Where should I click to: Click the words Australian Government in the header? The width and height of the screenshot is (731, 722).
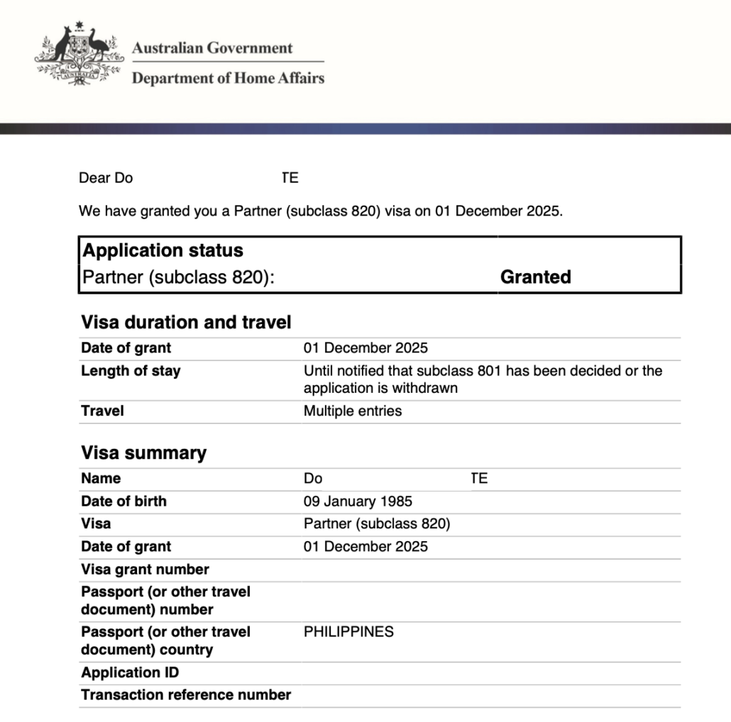click(x=211, y=48)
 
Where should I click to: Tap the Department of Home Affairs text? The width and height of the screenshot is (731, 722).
click(x=227, y=78)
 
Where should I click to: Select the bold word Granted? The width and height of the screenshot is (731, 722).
click(x=535, y=277)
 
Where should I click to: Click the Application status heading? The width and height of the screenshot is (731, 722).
click(x=163, y=250)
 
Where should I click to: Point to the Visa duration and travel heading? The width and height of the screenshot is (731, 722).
click(x=186, y=322)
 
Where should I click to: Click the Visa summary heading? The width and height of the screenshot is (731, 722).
click(x=143, y=452)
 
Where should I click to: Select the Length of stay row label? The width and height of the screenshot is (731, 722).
click(x=131, y=371)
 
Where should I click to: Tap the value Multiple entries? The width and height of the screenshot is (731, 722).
click(x=352, y=411)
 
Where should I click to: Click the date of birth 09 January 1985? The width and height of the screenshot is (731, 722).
click(x=358, y=501)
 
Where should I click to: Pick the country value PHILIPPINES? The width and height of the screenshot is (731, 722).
click(x=348, y=632)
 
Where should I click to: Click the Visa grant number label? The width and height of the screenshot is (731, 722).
click(x=145, y=570)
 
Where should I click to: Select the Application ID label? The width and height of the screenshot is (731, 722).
click(x=130, y=672)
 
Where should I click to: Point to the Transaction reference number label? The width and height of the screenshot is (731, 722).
click(x=186, y=695)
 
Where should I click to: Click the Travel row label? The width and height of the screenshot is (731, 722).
click(x=102, y=411)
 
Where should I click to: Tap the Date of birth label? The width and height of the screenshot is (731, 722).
click(x=123, y=501)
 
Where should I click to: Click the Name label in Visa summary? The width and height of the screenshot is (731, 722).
click(x=101, y=479)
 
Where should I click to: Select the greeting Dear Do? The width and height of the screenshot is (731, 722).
click(x=106, y=178)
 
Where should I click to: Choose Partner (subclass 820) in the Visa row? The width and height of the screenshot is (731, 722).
click(x=376, y=524)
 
